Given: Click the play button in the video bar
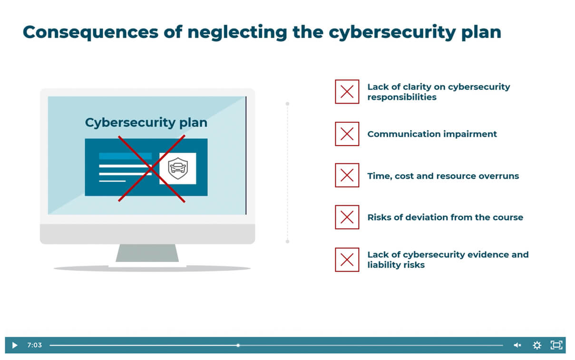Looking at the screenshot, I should (x=14, y=345).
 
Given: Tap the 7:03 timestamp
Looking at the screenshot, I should (x=34, y=345).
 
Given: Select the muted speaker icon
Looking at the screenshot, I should (x=517, y=345).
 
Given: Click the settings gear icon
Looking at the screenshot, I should (x=537, y=345).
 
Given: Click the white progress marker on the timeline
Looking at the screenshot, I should (x=238, y=345).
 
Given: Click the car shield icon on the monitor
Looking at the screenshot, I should (x=178, y=168).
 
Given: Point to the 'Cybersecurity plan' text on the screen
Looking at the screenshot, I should (x=146, y=123).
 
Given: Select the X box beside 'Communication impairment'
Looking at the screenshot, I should (x=347, y=134).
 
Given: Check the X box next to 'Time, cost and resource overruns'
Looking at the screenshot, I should (x=347, y=176).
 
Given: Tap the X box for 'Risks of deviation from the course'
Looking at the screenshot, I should (x=347, y=217).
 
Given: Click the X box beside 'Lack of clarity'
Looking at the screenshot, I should (x=347, y=92).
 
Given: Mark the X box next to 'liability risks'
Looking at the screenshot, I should (x=347, y=260).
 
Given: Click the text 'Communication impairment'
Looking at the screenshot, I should (x=432, y=134).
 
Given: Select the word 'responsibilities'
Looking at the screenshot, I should (x=401, y=97).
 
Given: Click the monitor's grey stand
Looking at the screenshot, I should (x=147, y=253).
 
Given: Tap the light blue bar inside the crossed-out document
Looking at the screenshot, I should (x=125, y=156).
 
